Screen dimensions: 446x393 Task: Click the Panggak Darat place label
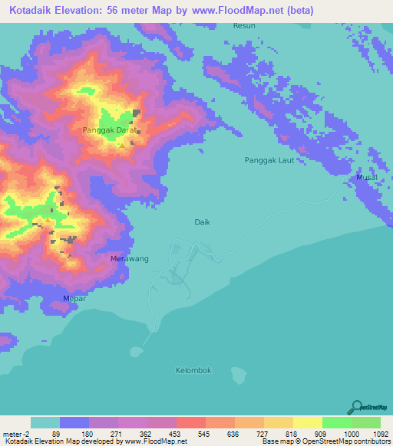point(110,130)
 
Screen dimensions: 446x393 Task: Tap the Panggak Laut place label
point(268,160)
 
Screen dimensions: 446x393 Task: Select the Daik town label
point(202,221)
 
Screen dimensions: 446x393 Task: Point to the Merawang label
point(130,259)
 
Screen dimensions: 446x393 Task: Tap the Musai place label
point(366,178)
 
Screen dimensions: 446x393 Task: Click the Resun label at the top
point(243,26)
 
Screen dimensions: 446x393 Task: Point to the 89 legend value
point(55,434)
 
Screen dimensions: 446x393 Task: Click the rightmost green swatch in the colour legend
point(366,422)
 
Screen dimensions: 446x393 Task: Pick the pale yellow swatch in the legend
point(307,422)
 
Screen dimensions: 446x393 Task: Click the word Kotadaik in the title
point(33,10)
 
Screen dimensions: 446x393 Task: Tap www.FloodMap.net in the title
point(243,10)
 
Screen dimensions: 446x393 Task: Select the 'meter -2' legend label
point(15,434)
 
